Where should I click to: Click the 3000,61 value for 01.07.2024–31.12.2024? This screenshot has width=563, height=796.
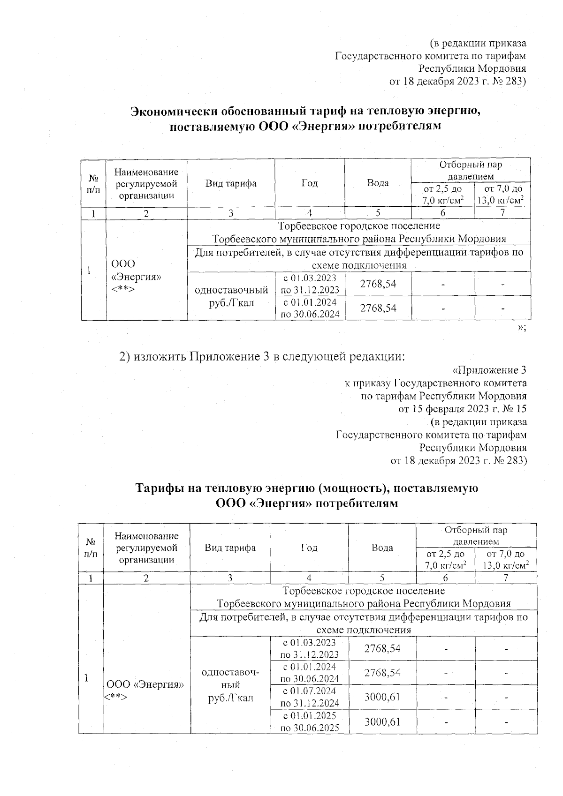(382, 697)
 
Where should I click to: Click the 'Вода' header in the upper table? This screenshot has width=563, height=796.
(378, 183)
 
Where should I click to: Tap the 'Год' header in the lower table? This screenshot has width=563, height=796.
(309, 548)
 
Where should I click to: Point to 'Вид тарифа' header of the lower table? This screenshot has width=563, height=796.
(230, 548)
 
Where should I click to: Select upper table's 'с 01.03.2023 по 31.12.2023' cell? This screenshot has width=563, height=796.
(310, 284)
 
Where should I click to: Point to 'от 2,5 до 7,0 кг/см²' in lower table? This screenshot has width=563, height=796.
(445, 559)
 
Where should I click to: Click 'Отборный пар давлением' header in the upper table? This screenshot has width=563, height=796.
(470, 170)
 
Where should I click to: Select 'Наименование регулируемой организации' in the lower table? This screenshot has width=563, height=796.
(146, 548)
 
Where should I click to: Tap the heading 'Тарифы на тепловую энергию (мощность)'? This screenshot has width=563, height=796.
(306, 488)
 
